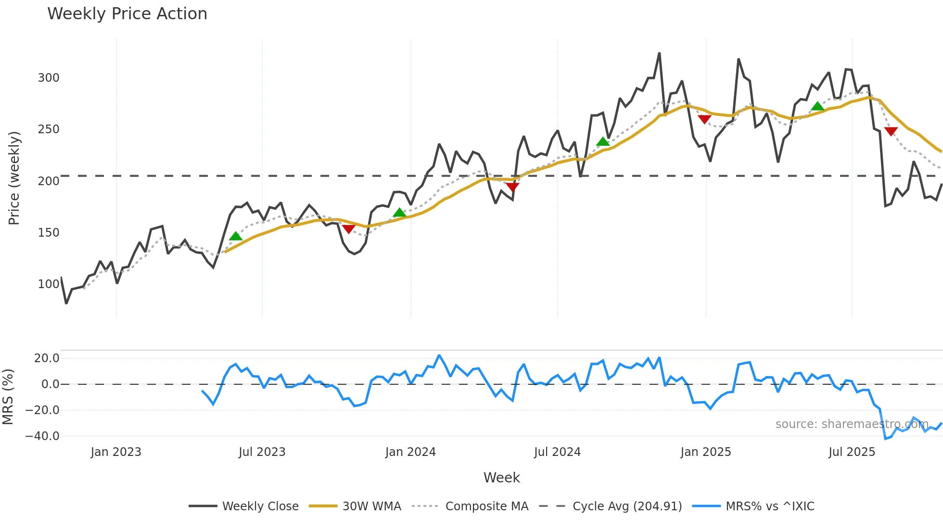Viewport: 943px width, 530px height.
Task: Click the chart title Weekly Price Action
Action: tap(127, 14)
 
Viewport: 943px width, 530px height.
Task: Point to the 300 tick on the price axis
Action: tap(49, 78)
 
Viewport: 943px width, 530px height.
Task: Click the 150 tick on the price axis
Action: tap(49, 233)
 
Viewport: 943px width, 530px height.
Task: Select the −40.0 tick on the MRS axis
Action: tap(42, 437)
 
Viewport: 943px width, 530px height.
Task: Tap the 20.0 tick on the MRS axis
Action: tap(47, 358)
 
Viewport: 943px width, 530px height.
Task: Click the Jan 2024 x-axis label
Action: tap(410, 453)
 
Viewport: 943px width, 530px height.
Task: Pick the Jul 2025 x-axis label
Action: tap(852, 453)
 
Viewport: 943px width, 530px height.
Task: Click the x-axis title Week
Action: tap(501, 478)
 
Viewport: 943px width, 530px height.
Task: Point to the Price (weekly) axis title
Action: tap(14, 178)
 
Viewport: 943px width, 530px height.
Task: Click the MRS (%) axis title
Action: tap(8, 397)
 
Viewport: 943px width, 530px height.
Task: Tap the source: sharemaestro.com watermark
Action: tap(852, 424)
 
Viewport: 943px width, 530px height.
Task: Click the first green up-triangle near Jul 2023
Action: tap(235, 236)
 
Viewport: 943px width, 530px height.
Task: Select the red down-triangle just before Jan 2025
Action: tap(704, 119)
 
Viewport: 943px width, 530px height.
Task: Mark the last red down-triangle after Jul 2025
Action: tap(891, 131)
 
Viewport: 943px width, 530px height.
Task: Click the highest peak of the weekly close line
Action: tap(659, 53)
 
